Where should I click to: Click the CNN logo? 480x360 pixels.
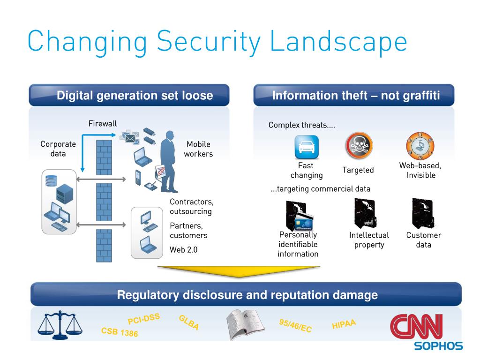pyautogui.click(x=416, y=327)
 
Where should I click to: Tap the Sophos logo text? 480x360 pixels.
pyautogui.click(x=438, y=346)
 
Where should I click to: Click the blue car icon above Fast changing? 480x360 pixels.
pyautogui.click(x=307, y=147)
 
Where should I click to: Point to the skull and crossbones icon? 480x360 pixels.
pyautogui.click(x=359, y=145)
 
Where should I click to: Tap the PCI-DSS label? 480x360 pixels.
pyautogui.click(x=144, y=319)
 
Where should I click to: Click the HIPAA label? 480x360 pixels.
pyautogui.click(x=344, y=324)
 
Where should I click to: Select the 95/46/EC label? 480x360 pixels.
pyautogui.click(x=295, y=326)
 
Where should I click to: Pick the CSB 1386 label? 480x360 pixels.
pyautogui.click(x=120, y=332)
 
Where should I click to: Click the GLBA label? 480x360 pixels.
pyautogui.click(x=189, y=322)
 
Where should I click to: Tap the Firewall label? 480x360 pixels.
pyautogui.click(x=103, y=124)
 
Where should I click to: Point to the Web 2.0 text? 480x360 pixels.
pyautogui.click(x=184, y=250)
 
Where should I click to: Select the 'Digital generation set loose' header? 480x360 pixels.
pyautogui.click(x=135, y=96)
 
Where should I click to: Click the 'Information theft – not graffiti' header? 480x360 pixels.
pyautogui.click(x=356, y=96)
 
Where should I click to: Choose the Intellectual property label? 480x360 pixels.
pyautogui.click(x=369, y=240)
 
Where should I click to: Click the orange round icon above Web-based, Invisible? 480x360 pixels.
pyautogui.click(x=420, y=145)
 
